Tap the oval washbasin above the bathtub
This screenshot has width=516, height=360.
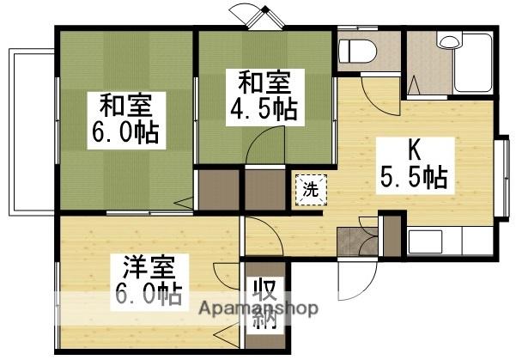click(x=449, y=41)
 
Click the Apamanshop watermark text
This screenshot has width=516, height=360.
click(x=258, y=308)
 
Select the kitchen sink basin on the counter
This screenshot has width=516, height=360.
click(x=424, y=241)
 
